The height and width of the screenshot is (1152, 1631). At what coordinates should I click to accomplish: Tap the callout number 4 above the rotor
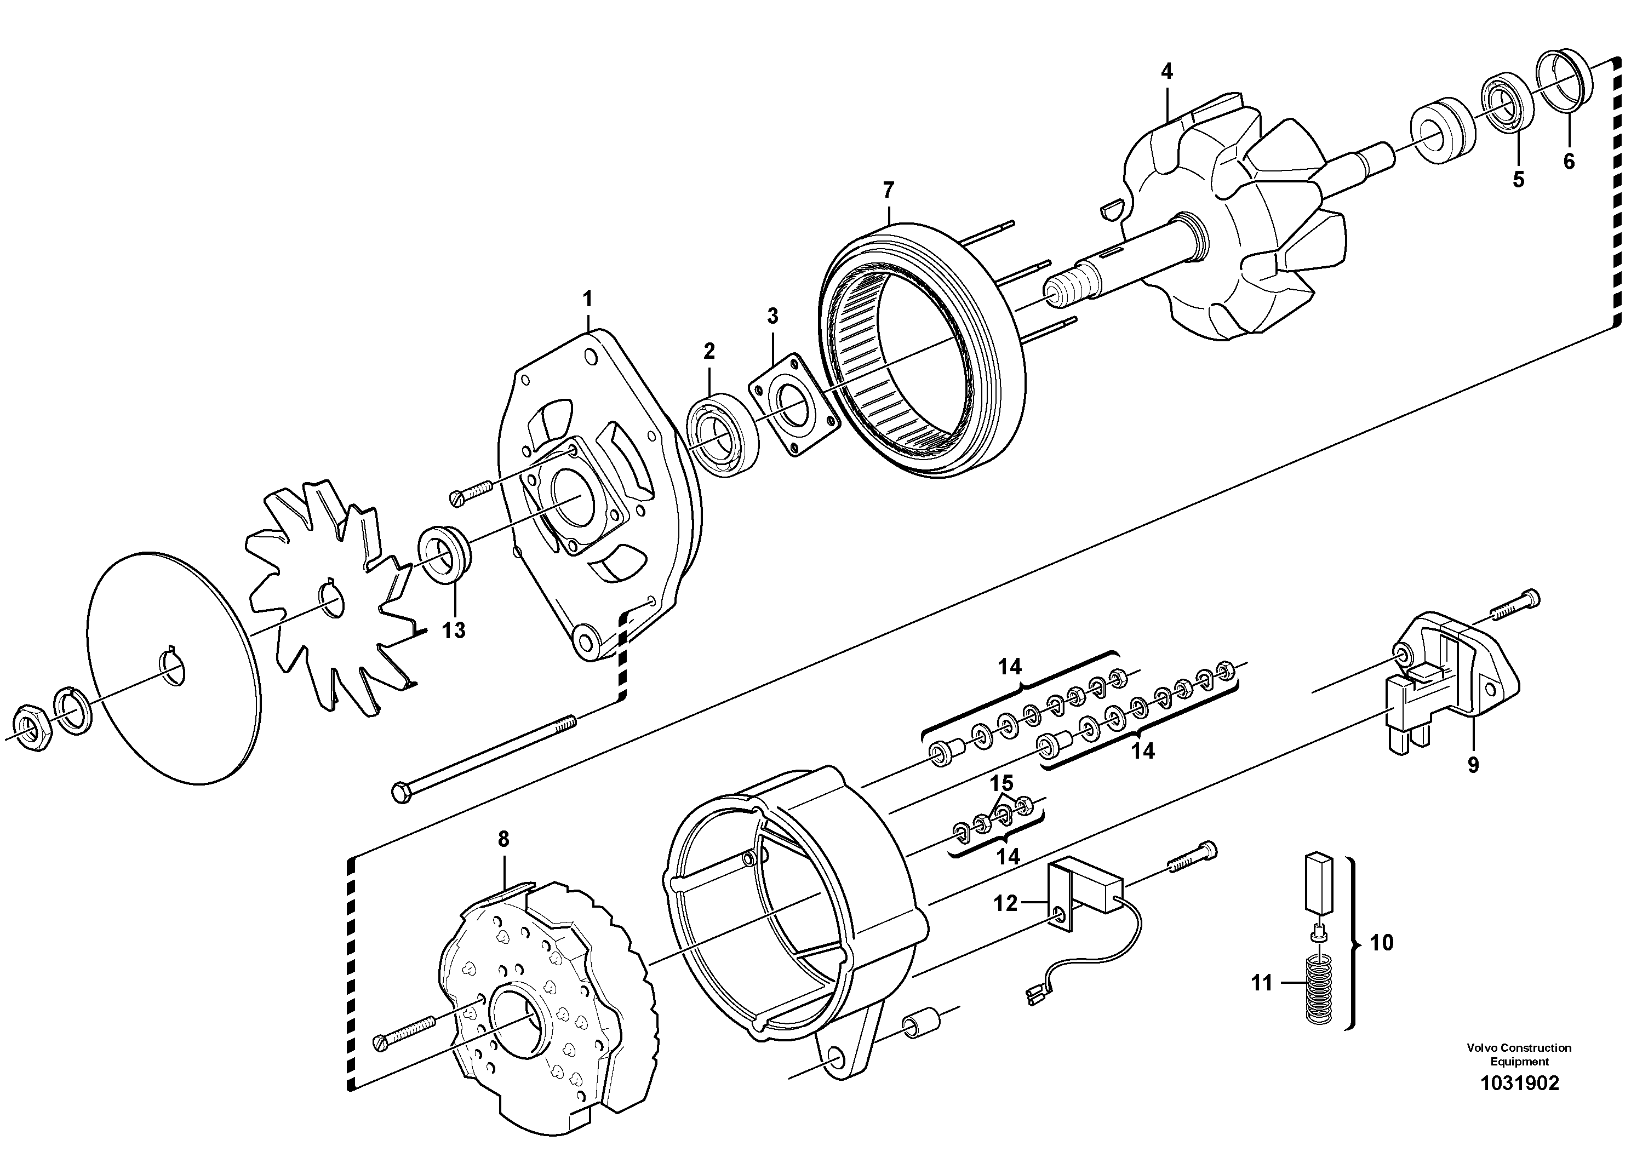click(1166, 71)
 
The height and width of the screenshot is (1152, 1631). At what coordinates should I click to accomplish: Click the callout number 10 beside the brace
click(1381, 943)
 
